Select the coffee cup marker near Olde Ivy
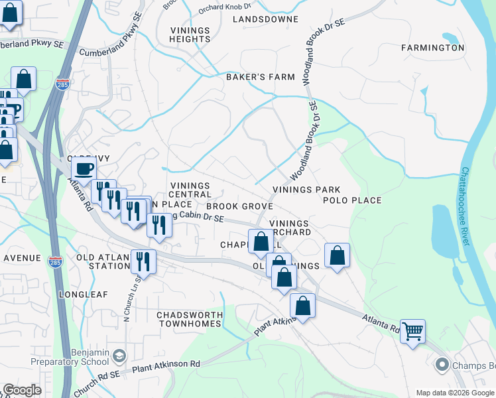(x=84, y=170)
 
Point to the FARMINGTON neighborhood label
(x=432, y=48)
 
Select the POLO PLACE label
(x=352, y=200)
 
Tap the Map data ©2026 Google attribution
(x=455, y=393)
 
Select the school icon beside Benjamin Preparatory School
(x=119, y=356)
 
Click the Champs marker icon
(x=442, y=364)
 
